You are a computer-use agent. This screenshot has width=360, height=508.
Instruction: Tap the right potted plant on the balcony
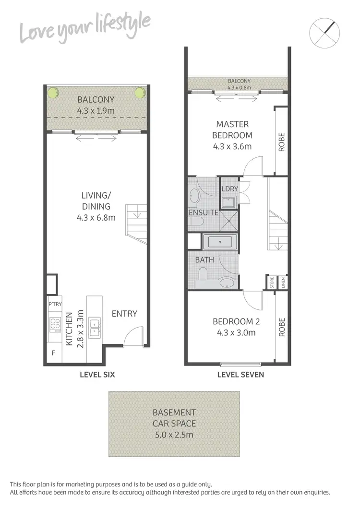click(x=140, y=92)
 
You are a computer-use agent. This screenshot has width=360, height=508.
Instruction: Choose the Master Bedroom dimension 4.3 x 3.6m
click(x=232, y=146)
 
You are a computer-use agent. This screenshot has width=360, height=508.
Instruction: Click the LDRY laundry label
click(x=230, y=189)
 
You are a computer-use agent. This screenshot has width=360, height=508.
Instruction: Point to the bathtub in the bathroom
click(x=220, y=242)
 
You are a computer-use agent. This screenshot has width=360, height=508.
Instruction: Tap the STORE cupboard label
click(x=272, y=282)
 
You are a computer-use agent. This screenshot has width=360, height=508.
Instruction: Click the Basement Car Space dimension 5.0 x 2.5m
click(x=174, y=436)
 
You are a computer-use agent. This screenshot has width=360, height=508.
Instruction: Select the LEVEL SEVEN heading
click(x=240, y=375)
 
